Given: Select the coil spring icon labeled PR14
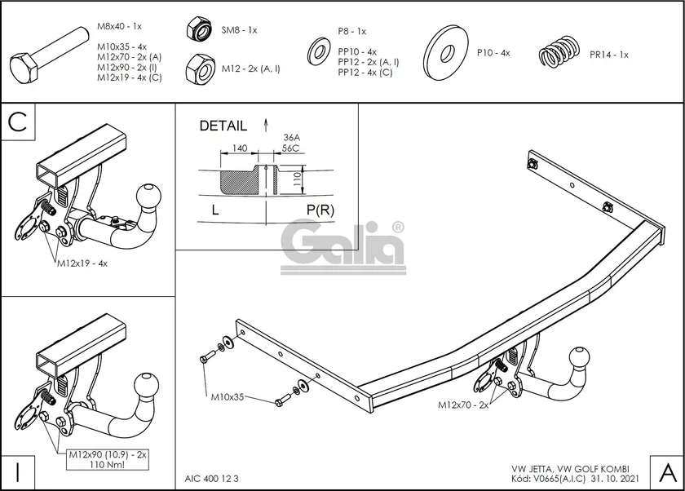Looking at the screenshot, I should pyautogui.click(x=559, y=54).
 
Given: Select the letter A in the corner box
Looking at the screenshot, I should pyautogui.click(x=665, y=471).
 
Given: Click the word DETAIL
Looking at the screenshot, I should pyautogui.click(x=223, y=126).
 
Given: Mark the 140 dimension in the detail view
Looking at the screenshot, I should pyautogui.click(x=240, y=148).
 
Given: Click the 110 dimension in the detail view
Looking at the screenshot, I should pyautogui.click(x=298, y=175).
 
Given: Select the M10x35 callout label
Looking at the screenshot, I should pyautogui.click(x=228, y=398).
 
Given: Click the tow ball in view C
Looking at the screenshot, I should pyautogui.click(x=151, y=197).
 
